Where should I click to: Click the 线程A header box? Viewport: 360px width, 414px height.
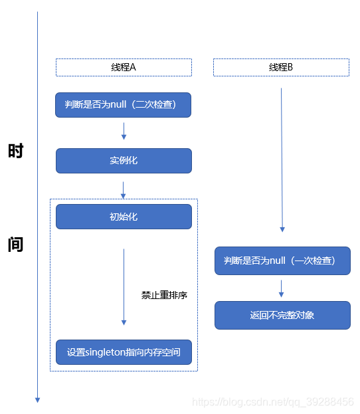pos(124,67)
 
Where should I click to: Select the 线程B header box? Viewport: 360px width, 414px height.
pos(281,67)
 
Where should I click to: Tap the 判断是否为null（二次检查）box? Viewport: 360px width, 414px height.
pos(124,105)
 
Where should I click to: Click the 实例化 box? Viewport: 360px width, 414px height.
pos(124,161)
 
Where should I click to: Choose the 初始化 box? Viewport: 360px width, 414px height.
pos(124,217)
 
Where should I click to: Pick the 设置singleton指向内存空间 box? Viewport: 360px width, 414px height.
pos(124,352)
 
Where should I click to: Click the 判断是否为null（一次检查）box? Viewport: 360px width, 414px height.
pos(282,260)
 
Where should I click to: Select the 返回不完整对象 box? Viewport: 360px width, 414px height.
pos(282,315)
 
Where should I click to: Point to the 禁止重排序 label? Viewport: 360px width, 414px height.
pos(164,295)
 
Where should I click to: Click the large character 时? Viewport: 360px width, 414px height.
pos(15,151)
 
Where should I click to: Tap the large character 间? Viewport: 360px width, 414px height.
pos(15,244)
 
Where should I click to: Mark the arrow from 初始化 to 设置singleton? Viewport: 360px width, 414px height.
pos(124,286)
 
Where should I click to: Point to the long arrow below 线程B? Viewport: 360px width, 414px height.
pos(282,159)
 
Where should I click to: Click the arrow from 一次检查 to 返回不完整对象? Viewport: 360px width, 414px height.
pos(282,288)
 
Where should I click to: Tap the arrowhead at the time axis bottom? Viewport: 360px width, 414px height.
pos(37,399)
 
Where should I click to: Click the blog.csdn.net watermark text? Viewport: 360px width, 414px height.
pos(272,402)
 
